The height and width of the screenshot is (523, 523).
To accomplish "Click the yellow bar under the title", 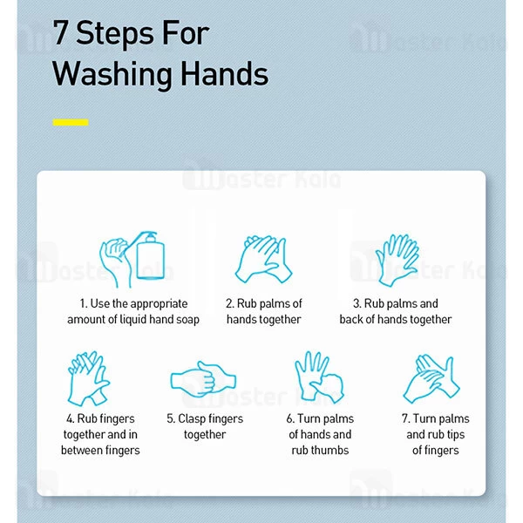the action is [x=71, y=122].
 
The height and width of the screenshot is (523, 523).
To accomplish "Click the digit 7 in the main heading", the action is [x=61, y=32].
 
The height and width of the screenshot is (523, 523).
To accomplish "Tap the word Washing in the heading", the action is [x=112, y=75].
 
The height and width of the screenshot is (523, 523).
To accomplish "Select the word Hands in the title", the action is [x=225, y=73].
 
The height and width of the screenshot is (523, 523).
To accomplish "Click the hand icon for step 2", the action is [x=263, y=259].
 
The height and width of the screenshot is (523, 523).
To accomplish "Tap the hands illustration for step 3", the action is [x=397, y=260].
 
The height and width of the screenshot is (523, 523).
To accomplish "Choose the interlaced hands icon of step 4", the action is [x=88, y=378].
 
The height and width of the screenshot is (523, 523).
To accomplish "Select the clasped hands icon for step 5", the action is [x=203, y=379].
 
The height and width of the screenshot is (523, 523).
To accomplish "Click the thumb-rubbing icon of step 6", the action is [x=320, y=377].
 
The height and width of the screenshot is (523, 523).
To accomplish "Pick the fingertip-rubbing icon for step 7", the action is [x=431, y=379].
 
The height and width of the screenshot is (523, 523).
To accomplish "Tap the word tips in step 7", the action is [x=456, y=435].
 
